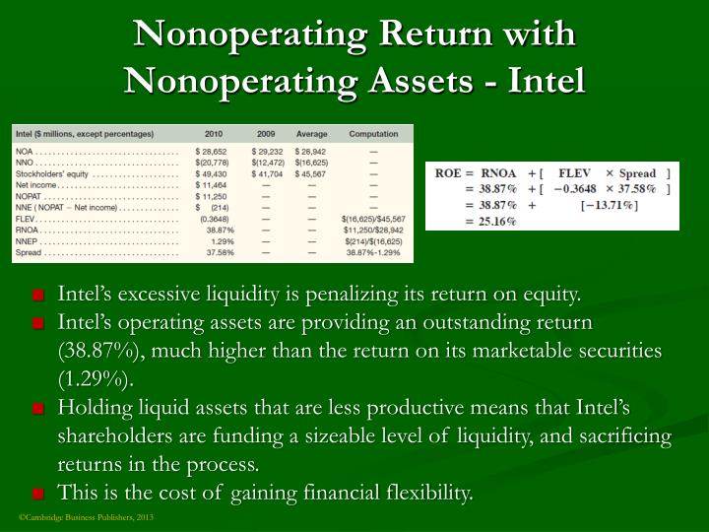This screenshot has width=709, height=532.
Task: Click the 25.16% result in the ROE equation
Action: [497, 221]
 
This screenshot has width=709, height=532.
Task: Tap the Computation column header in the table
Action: [373, 134]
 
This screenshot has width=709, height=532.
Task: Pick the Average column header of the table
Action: [311, 134]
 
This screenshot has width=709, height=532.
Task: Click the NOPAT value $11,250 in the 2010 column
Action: [211, 195]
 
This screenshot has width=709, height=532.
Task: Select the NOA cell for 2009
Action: [268, 150]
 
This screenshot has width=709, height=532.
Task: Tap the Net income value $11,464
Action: [211, 184]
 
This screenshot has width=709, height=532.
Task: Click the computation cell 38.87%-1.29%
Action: [374, 252]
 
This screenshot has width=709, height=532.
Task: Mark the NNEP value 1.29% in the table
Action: [222, 240]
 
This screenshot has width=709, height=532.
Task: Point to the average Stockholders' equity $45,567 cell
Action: [311, 172]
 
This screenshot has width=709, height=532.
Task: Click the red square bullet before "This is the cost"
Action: [37, 493]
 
